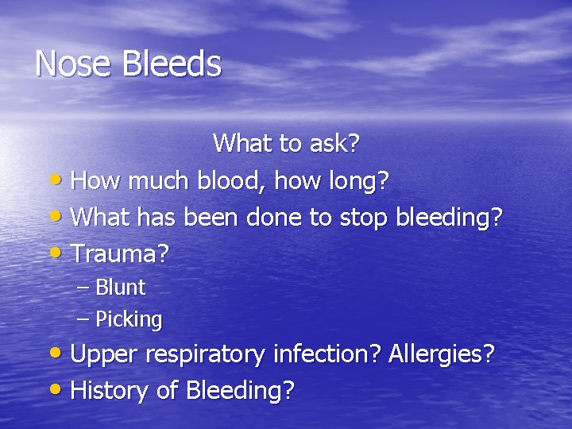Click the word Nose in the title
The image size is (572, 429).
[x=73, y=64]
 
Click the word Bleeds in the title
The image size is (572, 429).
[x=171, y=64]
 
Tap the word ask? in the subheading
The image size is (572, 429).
[x=334, y=144]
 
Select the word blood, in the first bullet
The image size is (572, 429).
[x=230, y=181]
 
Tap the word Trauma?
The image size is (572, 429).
[x=120, y=253]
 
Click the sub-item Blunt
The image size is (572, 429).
[x=120, y=287]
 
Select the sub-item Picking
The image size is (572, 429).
[x=129, y=319]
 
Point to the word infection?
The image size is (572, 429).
[x=327, y=354]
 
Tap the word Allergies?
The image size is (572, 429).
[x=441, y=354]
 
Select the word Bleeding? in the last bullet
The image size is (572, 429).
[x=240, y=390]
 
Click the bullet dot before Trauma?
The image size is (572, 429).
[x=58, y=253]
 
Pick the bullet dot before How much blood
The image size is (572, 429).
[x=58, y=180]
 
